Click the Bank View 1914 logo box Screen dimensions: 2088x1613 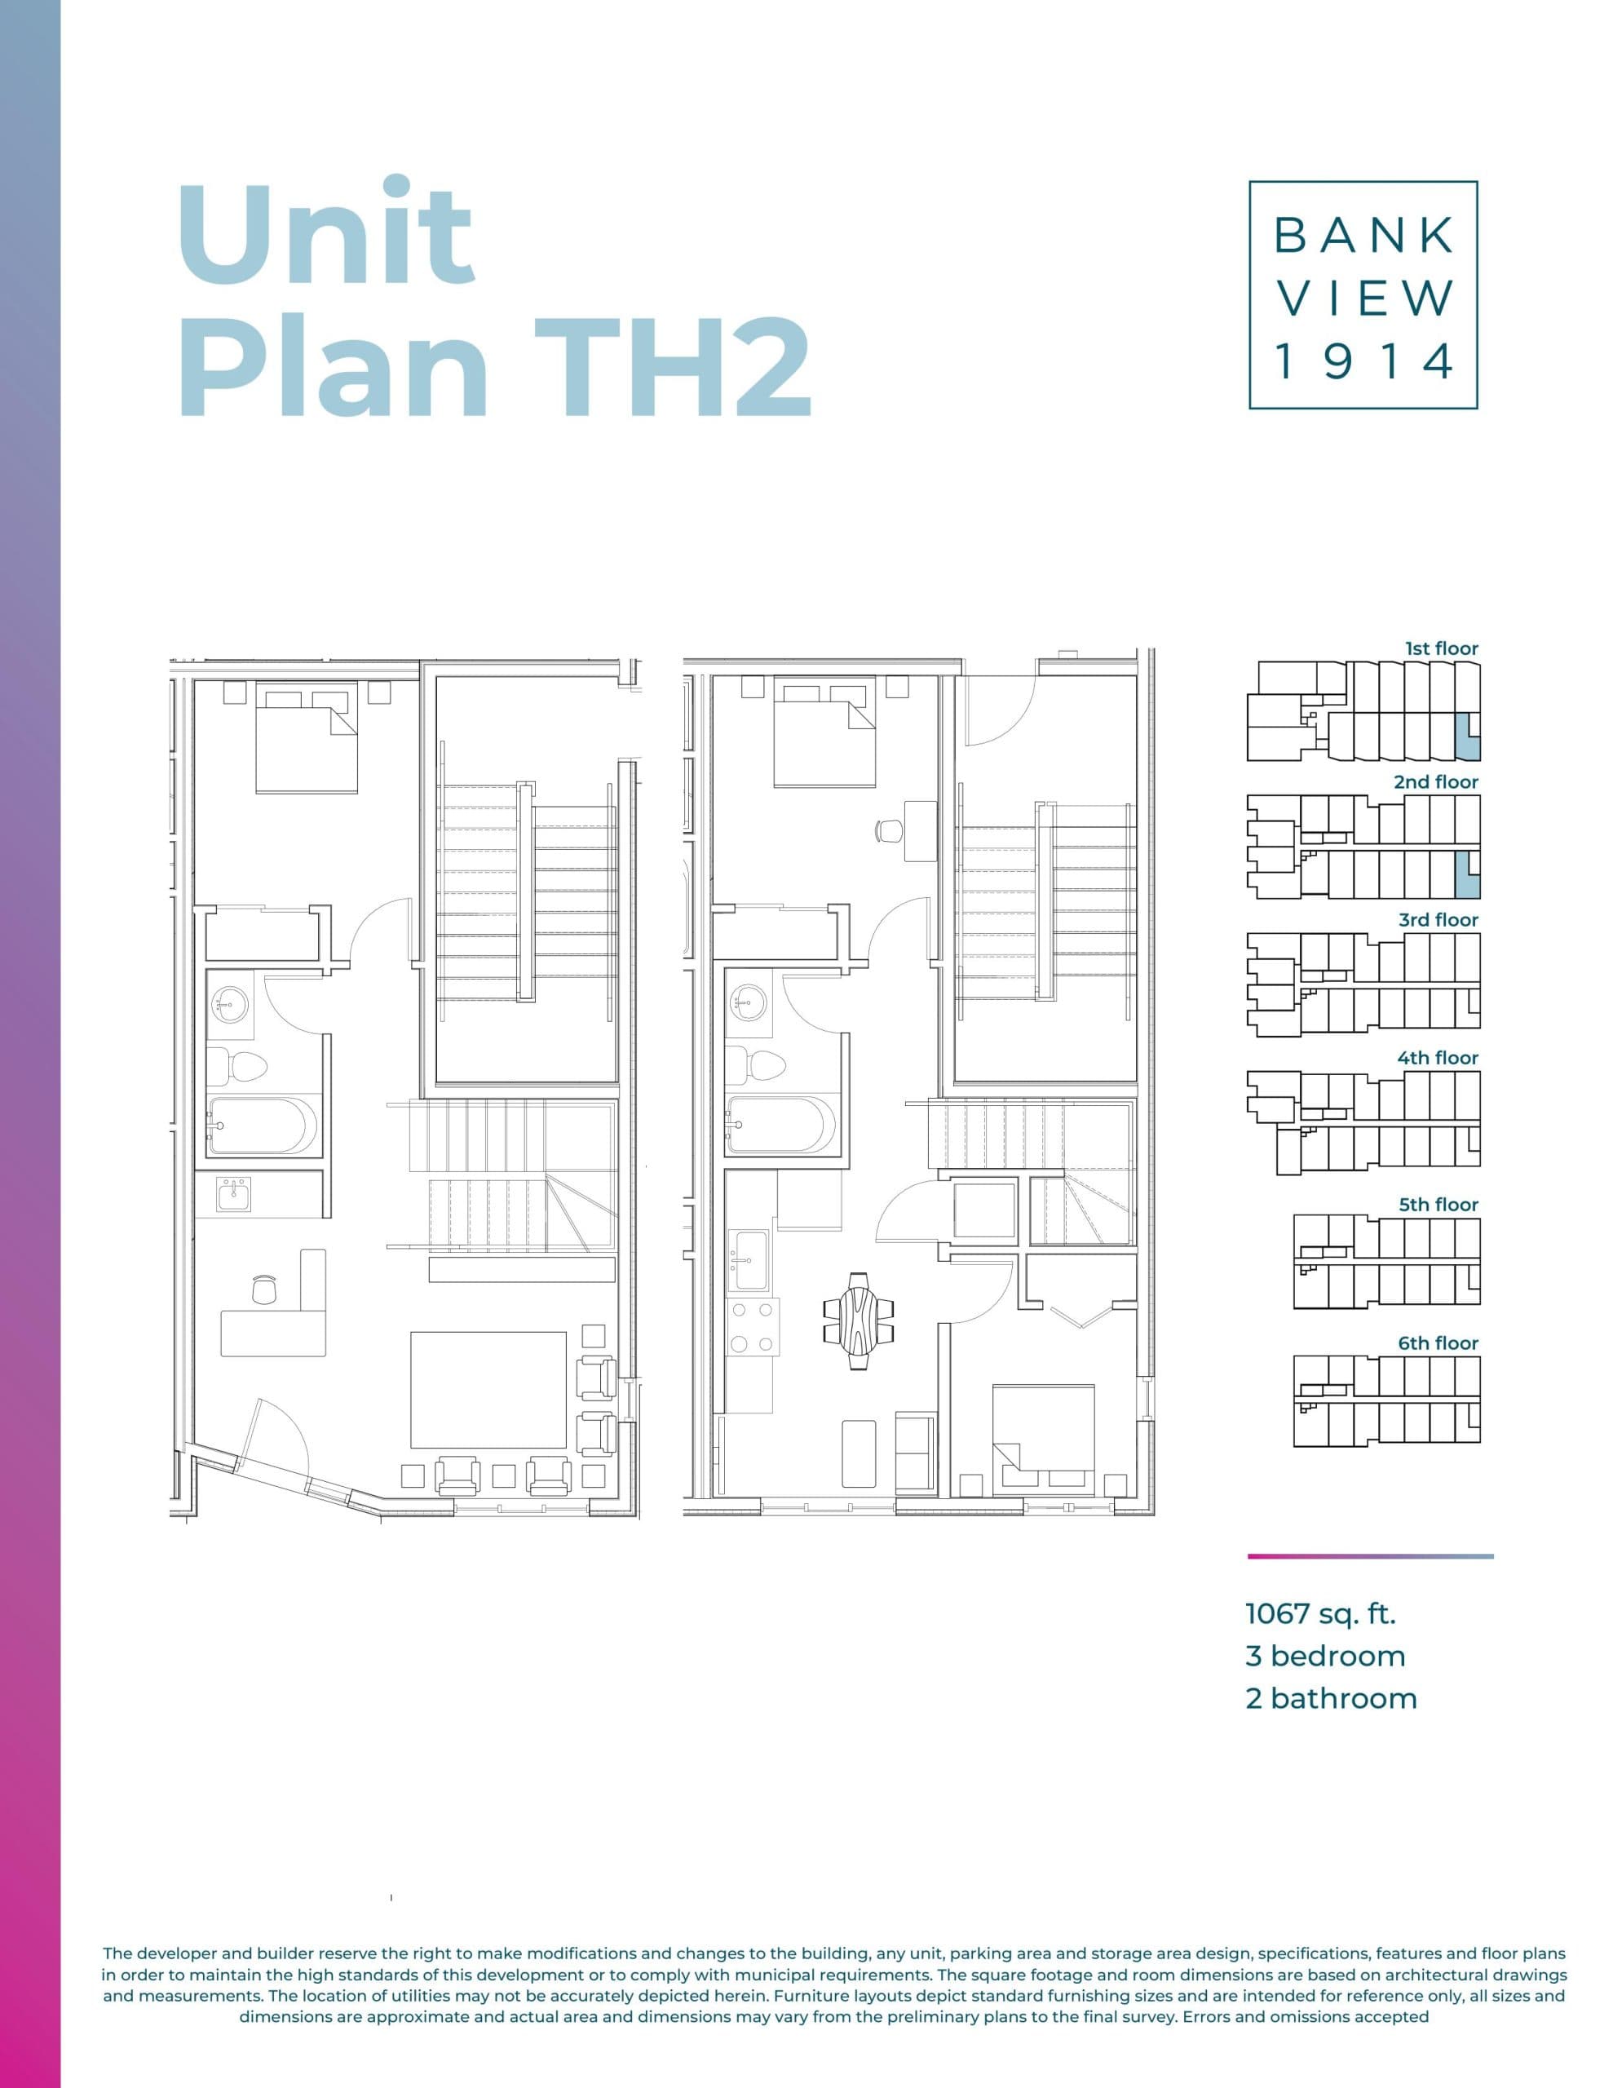pyautogui.click(x=1363, y=294)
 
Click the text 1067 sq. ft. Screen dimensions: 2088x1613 pyautogui.click(x=1320, y=1614)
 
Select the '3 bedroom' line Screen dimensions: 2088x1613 pyautogui.click(x=1325, y=1656)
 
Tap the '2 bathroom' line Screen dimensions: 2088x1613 pyautogui.click(x=1330, y=1699)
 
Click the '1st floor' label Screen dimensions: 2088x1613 pyautogui.click(x=1441, y=648)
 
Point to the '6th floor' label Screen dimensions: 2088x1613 pyautogui.click(x=1437, y=1343)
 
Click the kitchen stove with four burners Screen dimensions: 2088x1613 pyautogui.click(x=752, y=1328)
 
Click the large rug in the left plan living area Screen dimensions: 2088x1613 pyautogui.click(x=488, y=1390)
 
